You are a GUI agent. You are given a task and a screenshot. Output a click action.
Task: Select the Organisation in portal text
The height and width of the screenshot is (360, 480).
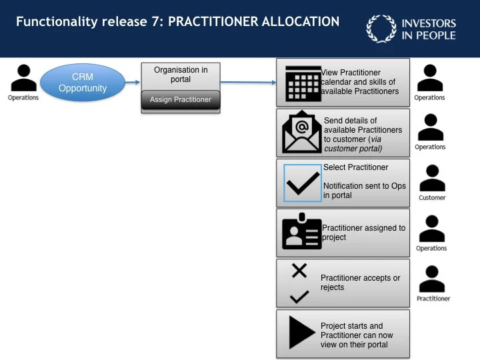pyautogui.click(x=181, y=74)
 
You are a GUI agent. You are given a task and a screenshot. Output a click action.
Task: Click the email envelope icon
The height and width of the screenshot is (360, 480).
pyautogui.click(x=301, y=131)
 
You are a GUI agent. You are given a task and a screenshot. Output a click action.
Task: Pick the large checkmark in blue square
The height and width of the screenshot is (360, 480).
pyautogui.click(x=303, y=182)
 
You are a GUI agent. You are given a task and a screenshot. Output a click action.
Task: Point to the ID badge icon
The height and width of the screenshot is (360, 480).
pyautogui.click(x=301, y=232)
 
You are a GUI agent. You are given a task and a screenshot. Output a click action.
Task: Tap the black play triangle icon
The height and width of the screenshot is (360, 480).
pyautogui.click(x=301, y=332)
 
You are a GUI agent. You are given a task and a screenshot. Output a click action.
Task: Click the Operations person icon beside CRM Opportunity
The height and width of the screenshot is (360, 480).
pyautogui.click(x=23, y=78)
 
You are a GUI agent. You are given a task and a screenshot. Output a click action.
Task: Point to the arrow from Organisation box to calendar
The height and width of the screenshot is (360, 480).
pyautogui.click(x=248, y=83)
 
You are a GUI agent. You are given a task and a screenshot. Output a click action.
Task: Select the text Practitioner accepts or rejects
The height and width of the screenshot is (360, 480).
pyautogui.click(x=360, y=283)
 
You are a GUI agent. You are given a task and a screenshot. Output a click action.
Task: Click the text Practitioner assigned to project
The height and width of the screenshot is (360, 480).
pyautogui.click(x=363, y=232)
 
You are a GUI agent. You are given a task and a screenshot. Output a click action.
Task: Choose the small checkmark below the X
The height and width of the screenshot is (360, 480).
pyautogui.click(x=299, y=296)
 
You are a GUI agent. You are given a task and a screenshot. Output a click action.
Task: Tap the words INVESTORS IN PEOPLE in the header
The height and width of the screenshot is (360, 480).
pyautogui.click(x=429, y=29)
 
